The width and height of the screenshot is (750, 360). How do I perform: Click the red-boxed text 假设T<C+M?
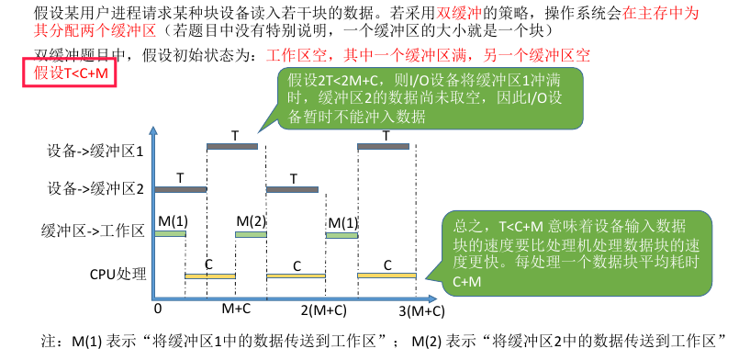click(x=70, y=73)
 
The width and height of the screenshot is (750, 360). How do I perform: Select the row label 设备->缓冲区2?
click(x=94, y=189)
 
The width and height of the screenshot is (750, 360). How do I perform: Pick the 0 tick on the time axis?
click(x=159, y=309)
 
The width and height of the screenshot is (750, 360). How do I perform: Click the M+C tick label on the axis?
click(x=237, y=309)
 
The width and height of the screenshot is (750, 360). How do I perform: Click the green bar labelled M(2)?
click(x=250, y=234)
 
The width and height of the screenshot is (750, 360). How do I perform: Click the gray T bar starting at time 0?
click(x=181, y=189)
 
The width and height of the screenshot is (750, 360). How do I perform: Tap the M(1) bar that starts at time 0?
click(x=170, y=234)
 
